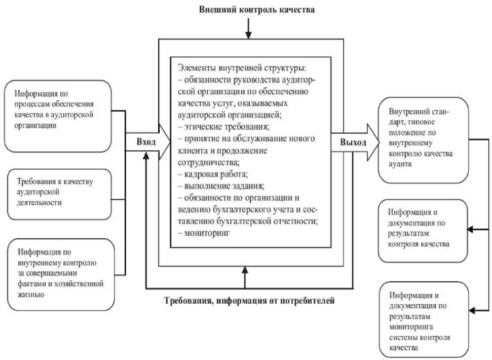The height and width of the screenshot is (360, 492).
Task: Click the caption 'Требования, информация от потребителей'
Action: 249,301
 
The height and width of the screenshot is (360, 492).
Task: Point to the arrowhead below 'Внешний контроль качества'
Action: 248,35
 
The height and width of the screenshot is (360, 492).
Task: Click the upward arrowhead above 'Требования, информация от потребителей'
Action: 246,271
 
